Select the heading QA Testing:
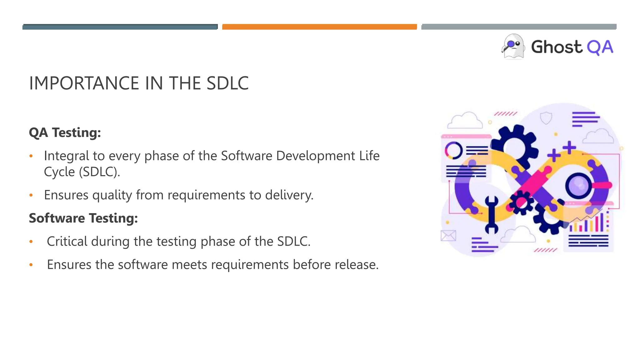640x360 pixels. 65,132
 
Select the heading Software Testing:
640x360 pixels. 83,218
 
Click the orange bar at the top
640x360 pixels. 319,27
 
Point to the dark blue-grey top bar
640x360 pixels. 120,27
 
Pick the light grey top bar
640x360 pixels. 519,27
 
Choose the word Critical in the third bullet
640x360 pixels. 67,241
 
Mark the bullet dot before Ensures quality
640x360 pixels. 31,195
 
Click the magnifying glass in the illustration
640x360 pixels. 578,186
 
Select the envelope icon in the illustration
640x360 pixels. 448,236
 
